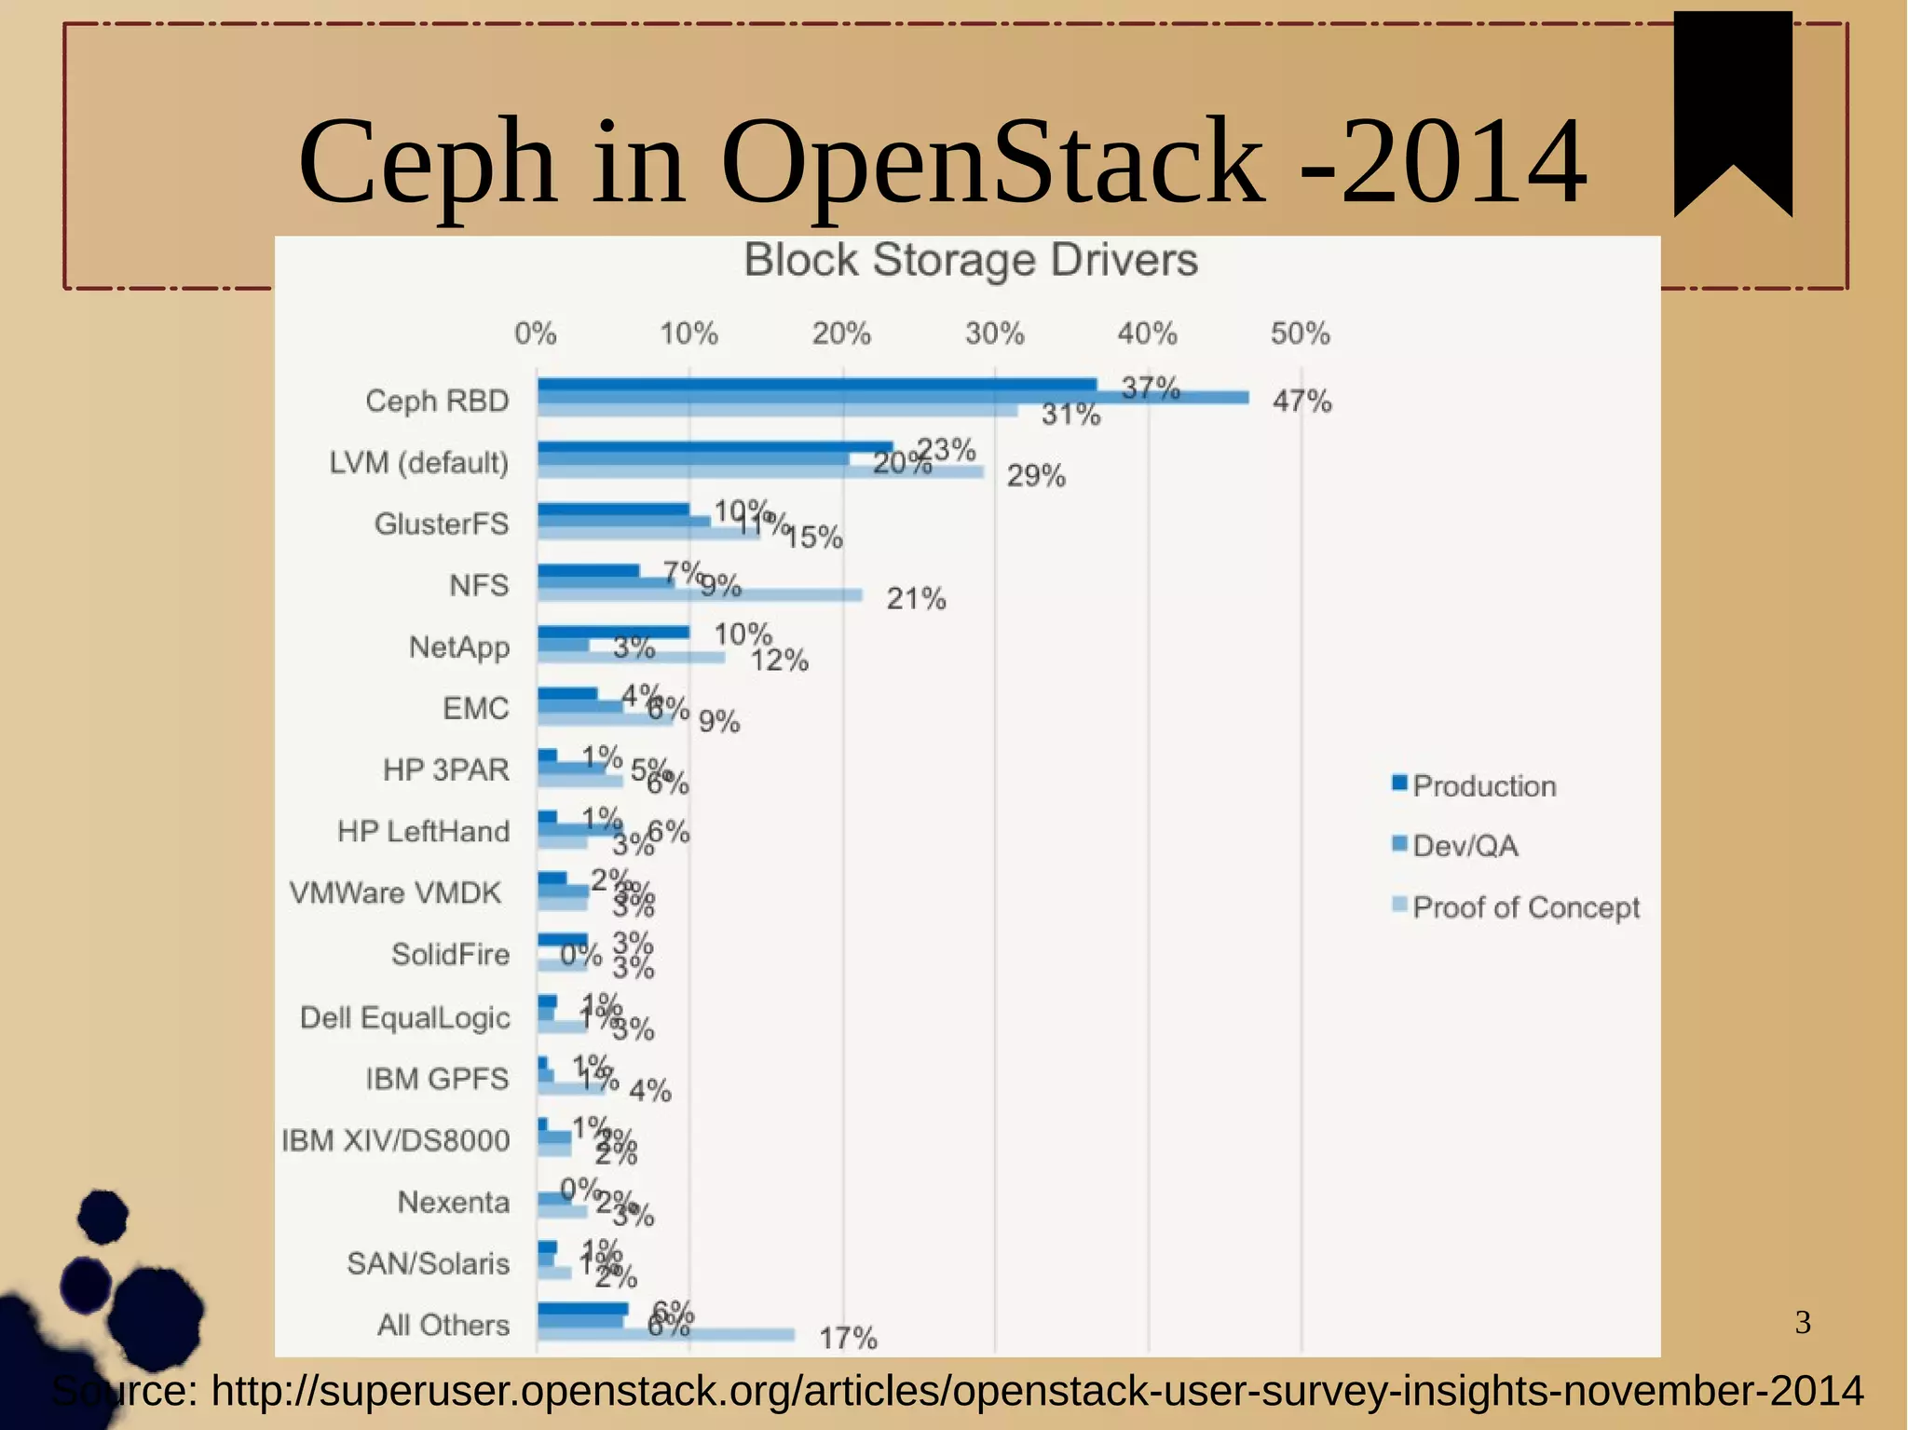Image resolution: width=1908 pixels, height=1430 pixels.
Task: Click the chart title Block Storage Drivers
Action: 970,260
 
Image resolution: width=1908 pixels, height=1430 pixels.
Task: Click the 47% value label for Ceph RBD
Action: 1302,402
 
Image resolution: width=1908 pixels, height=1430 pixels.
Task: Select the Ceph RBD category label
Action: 437,401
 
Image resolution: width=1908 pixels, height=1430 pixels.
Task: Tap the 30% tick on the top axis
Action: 994,334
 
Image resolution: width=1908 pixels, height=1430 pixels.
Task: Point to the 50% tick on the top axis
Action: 1300,334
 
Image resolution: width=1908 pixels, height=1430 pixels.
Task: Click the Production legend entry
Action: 1482,785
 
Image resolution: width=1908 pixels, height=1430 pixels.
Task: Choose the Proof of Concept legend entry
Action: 1524,907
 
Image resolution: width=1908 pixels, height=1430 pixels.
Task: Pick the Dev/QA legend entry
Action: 1464,846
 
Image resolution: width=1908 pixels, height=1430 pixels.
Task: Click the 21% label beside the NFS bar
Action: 916,598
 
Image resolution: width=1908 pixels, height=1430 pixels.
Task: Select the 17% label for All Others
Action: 848,1339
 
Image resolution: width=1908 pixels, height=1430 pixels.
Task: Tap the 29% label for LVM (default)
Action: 1036,476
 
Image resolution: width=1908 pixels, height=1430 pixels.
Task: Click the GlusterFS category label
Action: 442,524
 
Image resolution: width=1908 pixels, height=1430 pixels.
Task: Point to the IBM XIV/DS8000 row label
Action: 396,1140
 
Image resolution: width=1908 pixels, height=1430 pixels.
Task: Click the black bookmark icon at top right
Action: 1732,102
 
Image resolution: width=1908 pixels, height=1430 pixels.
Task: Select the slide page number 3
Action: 1803,1322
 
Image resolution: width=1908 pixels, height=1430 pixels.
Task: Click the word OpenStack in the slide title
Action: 992,162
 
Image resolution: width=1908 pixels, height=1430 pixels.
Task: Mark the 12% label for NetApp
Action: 779,661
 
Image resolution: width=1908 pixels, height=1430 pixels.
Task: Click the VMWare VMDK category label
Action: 395,892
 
